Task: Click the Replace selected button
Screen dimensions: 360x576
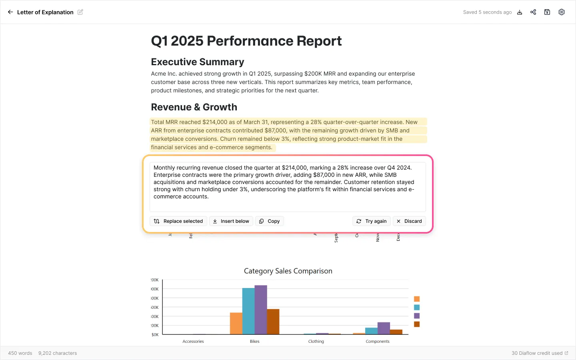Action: tap(178, 221)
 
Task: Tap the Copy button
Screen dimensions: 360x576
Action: tap(269, 221)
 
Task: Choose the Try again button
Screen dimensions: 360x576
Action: tap(371, 221)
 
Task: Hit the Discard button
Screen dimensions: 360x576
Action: tap(409, 221)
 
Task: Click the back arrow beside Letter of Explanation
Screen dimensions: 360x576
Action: tap(10, 12)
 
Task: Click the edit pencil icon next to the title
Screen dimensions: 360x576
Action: tap(80, 12)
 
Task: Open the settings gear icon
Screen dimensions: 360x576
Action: tap(562, 12)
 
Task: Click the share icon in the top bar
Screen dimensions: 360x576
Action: tap(533, 12)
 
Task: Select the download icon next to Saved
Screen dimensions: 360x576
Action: tap(520, 12)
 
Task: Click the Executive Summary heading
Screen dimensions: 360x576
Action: tap(198, 62)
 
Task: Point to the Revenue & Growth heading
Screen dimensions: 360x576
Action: tap(194, 107)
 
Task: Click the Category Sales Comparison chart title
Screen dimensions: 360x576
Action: tap(288, 271)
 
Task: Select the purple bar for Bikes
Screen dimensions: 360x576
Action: tap(261, 310)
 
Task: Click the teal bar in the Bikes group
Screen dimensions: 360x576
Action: tap(248, 311)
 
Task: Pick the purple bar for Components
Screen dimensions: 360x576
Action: tap(384, 328)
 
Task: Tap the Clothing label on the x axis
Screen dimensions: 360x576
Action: tap(316, 341)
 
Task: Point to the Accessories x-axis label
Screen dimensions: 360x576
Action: tap(193, 341)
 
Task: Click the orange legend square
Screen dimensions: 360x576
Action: tap(417, 299)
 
